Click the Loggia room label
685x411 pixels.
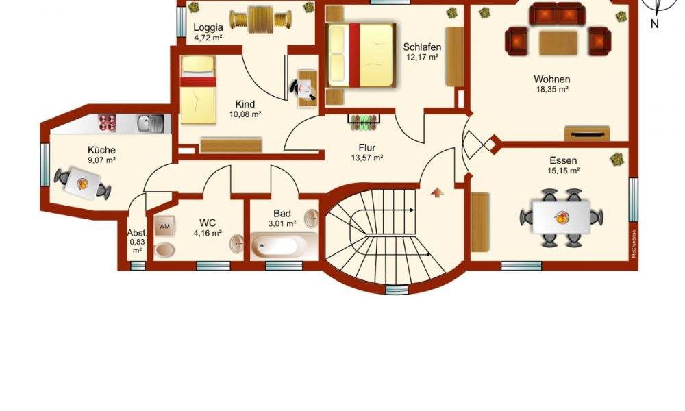pyautogui.click(x=208, y=27)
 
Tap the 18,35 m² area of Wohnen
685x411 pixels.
pyautogui.click(x=552, y=90)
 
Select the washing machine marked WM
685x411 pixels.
pyautogui.click(x=164, y=226)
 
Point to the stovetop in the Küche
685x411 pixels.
pyautogui.click(x=107, y=123)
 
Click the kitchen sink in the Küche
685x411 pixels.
pyautogui.click(x=151, y=123)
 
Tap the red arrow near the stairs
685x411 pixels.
pyautogui.click(x=437, y=192)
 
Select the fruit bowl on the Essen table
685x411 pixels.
pyautogui.click(x=562, y=217)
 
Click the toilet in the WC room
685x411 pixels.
pyautogui.click(x=164, y=250)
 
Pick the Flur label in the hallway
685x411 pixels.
pyautogui.click(x=367, y=148)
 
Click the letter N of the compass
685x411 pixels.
pyautogui.click(x=654, y=23)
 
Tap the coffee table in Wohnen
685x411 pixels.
pyautogui.click(x=558, y=42)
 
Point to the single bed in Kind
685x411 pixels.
pyautogui.click(x=198, y=90)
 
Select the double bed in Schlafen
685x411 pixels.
pyautogui.click(x=361, y=55)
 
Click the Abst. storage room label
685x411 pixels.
pyautogui.click(x=137, y=233)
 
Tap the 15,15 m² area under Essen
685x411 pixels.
pyautogui.click(x=564, y=171)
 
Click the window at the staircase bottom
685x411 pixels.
pyautogui.click(x=397, y=290)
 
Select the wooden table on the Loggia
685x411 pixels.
pyautogui.click(x=261, y=20)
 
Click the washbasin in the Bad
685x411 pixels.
pyautogui.click(x=311, y=219)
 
